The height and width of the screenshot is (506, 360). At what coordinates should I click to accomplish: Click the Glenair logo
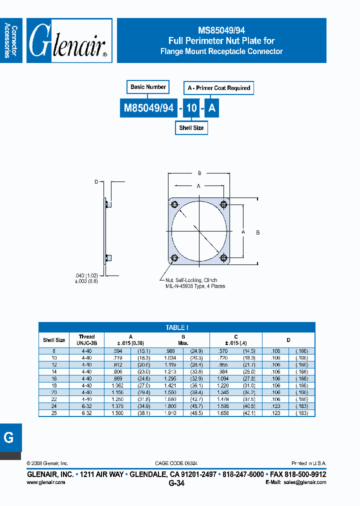pos(69,41)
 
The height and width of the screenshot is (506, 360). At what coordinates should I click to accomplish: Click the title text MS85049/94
pos(221,30)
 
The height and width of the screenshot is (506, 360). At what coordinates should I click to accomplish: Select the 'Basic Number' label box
pos(148,87)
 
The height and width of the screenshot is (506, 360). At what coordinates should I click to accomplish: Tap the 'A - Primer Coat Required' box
pos(218,88)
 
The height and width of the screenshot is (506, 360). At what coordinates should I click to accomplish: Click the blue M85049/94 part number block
pos(149,108)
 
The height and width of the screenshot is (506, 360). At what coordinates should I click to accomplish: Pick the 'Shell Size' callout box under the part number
pos(191,128)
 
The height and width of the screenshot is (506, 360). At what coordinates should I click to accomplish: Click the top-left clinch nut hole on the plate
pos(174,205)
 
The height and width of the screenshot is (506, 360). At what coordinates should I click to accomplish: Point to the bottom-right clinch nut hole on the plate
pos(223,258)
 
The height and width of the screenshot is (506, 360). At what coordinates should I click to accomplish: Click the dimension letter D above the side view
pos(96,182)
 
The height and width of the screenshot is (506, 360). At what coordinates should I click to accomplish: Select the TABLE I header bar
pos(177,327)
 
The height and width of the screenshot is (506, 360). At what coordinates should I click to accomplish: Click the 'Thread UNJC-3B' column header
pos(86,340)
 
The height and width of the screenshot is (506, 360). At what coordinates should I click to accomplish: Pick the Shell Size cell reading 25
pos(54,413)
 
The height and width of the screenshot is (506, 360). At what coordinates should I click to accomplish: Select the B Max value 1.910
pos(170,413)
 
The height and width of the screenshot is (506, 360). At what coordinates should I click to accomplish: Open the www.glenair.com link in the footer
pos(45,482)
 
